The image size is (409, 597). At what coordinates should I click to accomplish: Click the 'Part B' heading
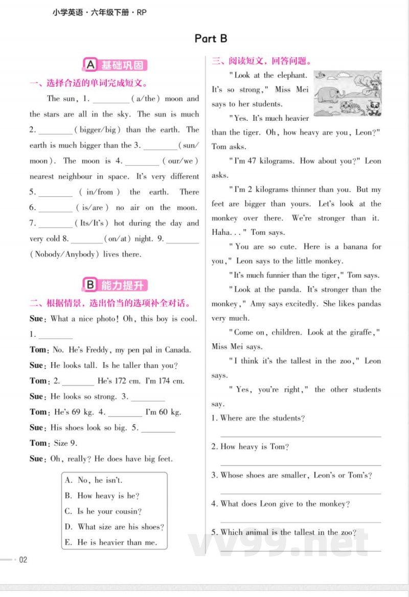(211, 38)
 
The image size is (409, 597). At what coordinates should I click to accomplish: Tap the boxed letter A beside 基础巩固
(90, 65)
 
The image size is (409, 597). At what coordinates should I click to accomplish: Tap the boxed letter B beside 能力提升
(90, 285)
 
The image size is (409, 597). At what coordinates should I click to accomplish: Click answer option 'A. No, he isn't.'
(94, 480)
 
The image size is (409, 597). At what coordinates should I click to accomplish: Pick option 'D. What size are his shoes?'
(115, 527)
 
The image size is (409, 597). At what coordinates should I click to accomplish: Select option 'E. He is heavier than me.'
(111, 542)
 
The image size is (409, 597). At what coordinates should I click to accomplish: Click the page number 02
(23, 560)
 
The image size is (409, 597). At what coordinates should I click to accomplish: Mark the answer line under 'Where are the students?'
(301, 436)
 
